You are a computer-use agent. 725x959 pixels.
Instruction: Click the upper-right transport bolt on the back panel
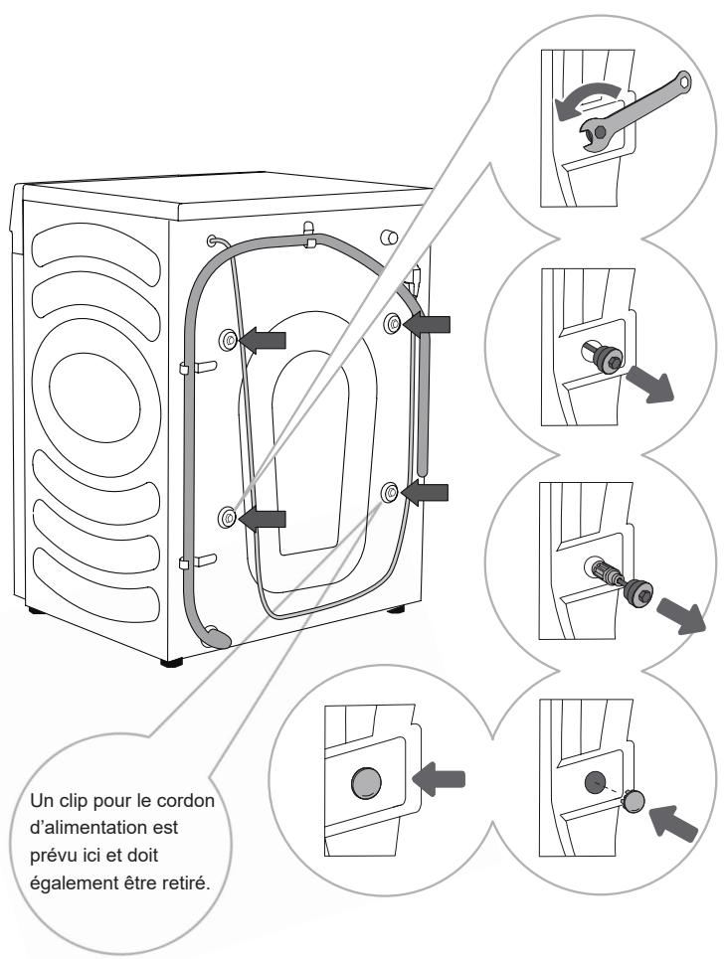pos(391,324)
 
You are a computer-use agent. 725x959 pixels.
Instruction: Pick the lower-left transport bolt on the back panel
pos(228,516)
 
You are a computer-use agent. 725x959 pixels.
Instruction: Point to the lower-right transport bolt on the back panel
pos(389,492)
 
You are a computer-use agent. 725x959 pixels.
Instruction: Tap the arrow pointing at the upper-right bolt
pos(429,324)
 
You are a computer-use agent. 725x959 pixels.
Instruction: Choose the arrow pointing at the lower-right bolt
pos(428,492)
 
